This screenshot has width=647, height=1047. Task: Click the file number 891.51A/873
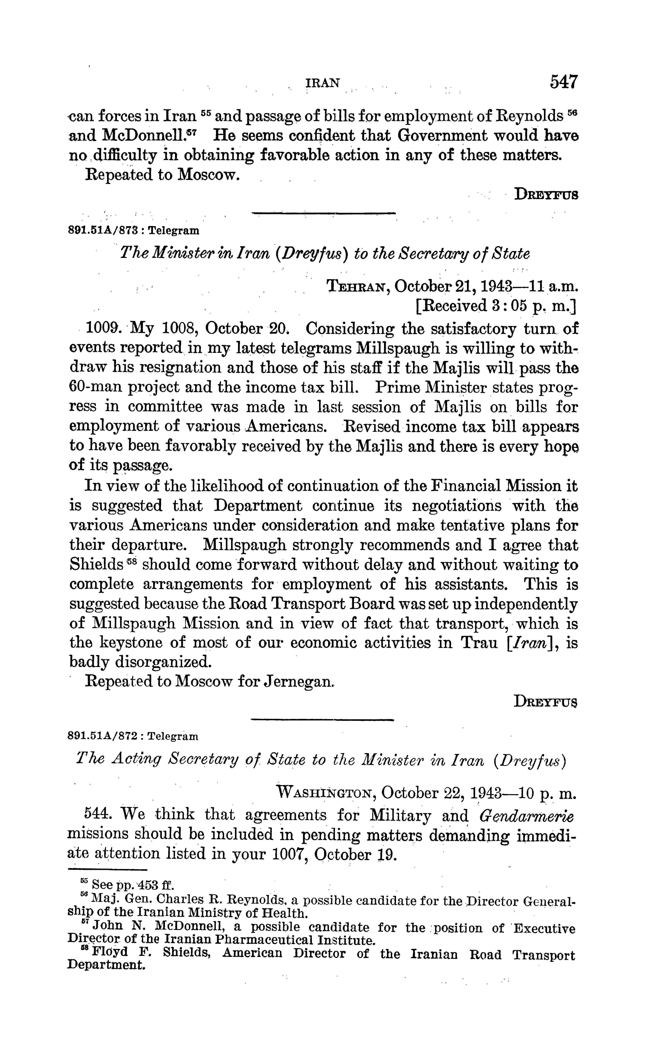tap(103, 231)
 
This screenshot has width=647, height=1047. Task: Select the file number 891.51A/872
tap(103, 736)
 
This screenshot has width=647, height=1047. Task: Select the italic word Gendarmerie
tap(526, 816)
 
